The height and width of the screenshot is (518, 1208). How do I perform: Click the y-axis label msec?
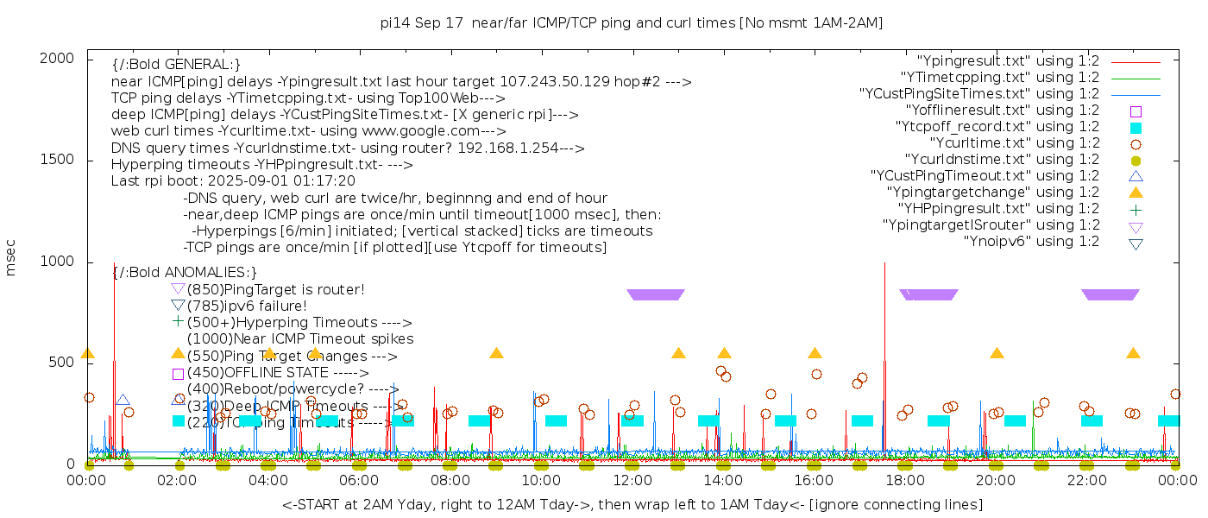click(11, 258)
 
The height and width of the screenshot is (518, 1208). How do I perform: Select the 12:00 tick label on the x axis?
click(632, 481)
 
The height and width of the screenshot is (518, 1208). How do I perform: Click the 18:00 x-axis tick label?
click(904, 481)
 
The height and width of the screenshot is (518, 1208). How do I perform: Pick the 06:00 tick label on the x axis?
click(359, 481)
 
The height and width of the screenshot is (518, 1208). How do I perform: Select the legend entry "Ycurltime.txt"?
click(1015, 143)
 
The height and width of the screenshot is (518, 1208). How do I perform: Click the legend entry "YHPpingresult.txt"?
click(998, 209)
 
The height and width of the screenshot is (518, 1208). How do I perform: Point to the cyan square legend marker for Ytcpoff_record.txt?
click(1136, 128)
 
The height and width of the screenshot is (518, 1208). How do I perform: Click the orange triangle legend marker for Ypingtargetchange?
click(1136, 193)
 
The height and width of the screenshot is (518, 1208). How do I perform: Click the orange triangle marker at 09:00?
click(496, 353)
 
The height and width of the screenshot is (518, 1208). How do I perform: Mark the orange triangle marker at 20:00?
click(997, 353)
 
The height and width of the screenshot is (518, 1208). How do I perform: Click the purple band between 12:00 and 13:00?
click(656, 294)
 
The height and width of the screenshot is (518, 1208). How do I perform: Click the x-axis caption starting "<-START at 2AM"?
click(632, 504)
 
